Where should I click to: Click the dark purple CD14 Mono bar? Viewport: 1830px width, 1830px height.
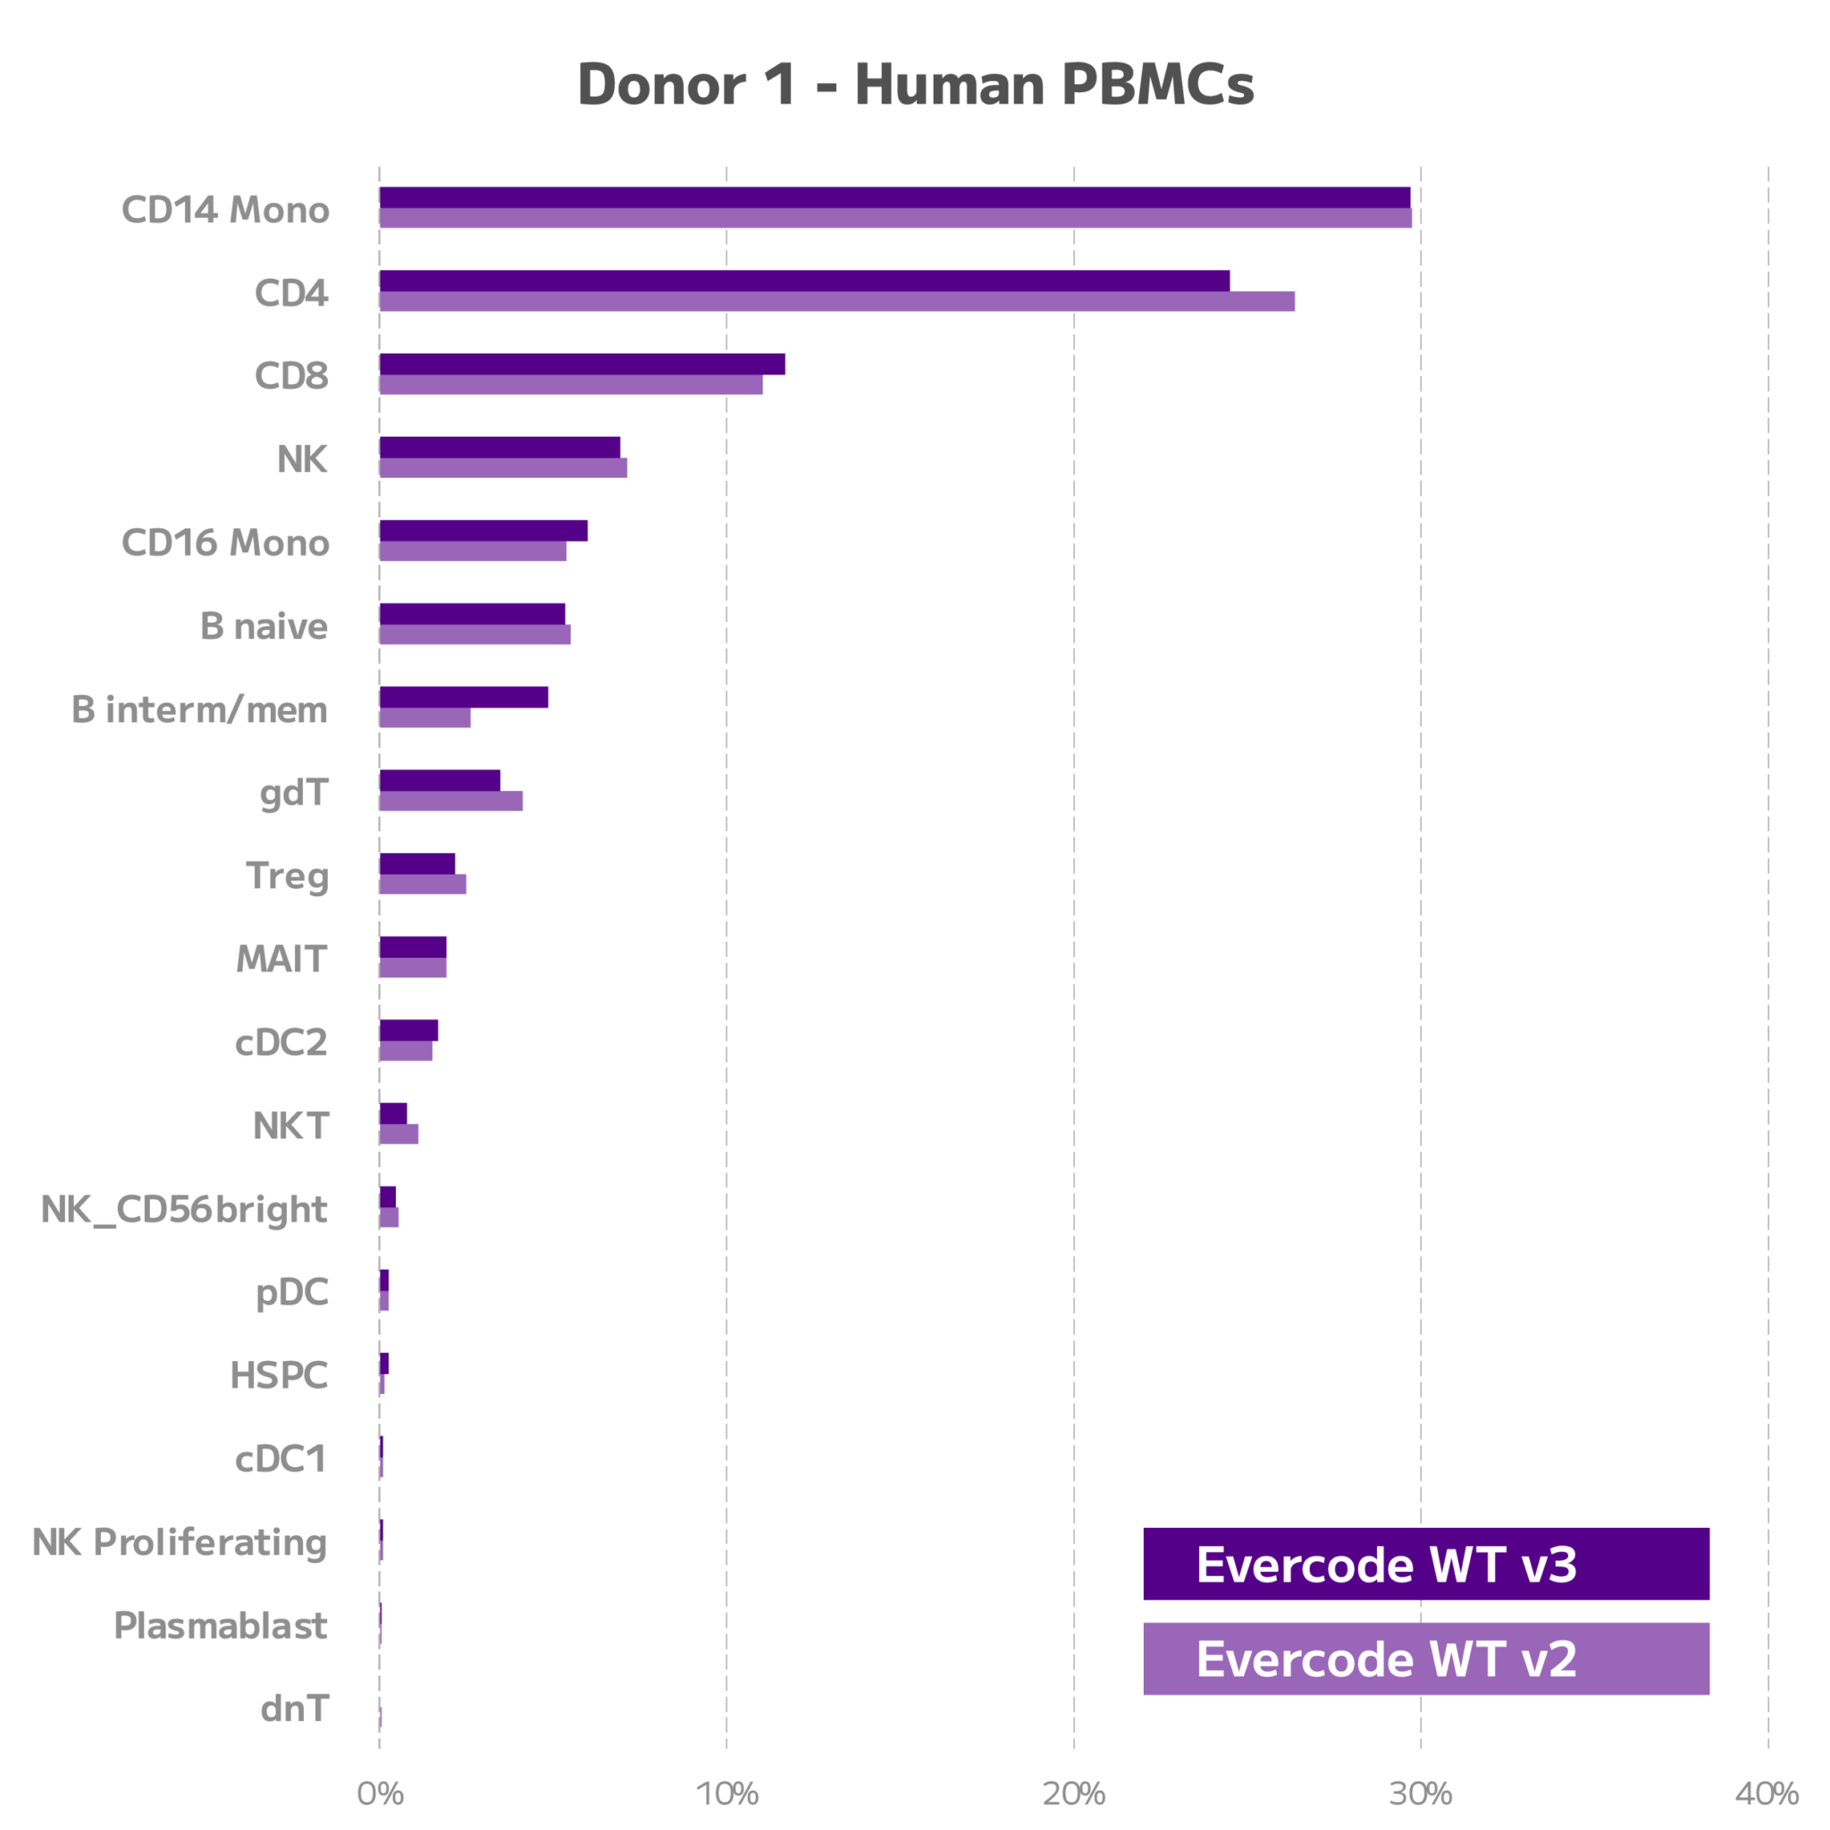[894, 196]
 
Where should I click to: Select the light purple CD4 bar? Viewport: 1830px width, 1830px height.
[836, 301]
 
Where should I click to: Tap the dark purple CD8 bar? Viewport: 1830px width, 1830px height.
[582, 364]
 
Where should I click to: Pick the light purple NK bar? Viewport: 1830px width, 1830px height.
[503, 468]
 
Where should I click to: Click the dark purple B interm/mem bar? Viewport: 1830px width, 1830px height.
[464, 697]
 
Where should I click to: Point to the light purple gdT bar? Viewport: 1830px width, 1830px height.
[451, 802]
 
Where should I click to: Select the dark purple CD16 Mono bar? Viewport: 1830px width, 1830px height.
[483, 531]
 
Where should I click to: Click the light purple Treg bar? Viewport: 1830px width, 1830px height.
[423, 884]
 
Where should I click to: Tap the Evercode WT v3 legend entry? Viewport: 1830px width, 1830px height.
[1425, 1564]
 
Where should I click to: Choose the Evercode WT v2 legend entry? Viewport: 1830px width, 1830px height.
[1425, 1658]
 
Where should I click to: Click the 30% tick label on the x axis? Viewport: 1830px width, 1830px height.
[1420, 1793]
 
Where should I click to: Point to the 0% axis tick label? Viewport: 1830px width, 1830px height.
[380, 1793]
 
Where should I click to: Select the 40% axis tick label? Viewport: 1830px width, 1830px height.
[1767, 1793]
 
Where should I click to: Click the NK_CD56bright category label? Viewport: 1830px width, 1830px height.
[184, 1210]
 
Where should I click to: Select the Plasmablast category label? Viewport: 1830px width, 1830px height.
[221, 1625]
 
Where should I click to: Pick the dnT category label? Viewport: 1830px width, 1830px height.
[295, 1708]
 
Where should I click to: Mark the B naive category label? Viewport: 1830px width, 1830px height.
[264, 626]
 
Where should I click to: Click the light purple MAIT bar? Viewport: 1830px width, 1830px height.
[413, 968]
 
